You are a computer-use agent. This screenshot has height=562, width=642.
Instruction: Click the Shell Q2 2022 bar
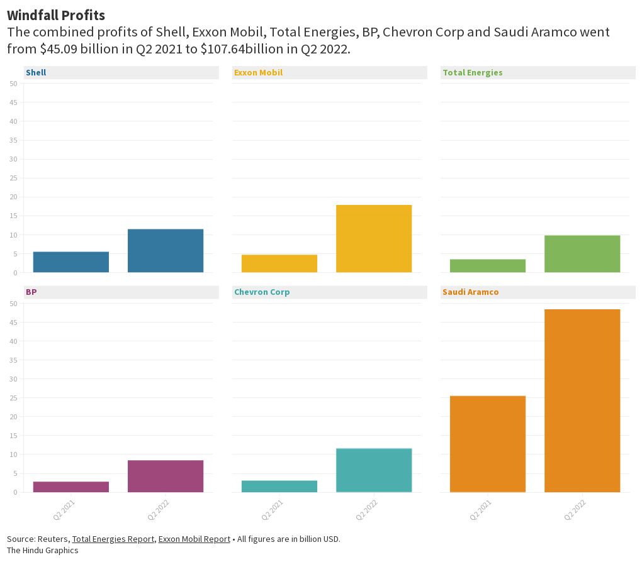click(x=166, y=251)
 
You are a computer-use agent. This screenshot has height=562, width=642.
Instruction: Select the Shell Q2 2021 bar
click(x=71, y=262)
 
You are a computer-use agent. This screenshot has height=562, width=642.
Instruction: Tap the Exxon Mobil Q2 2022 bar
click(x=374, y=239)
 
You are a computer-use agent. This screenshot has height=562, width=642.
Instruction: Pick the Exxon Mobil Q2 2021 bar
click(x=279, y=263)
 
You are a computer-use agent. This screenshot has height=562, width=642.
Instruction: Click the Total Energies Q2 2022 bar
click(x=582, y=254)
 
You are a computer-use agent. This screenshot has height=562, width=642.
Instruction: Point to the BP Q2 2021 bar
click(x=71, y=487)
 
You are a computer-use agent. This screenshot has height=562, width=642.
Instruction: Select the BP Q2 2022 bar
click(x=166, y=476)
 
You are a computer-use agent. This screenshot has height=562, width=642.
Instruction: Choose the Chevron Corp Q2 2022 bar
click(x=374, y=470)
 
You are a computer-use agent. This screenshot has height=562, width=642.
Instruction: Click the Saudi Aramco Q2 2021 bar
click(x=488, y=444)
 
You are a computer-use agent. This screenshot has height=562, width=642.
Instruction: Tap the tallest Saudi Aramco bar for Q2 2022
click(x=582, y=400)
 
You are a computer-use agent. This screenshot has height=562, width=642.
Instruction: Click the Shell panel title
click(x=36, y=72)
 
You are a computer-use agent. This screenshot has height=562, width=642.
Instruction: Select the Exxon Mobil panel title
click(x=258, y=72)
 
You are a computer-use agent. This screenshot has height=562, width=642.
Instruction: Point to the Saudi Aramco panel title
click(x=470, y=292)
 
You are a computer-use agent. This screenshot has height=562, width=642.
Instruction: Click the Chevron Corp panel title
click(x=262, y=292)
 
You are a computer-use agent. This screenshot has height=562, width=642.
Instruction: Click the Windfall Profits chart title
click(x=56, y=14)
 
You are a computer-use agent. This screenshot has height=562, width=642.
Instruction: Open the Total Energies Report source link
click(x=113, y=539)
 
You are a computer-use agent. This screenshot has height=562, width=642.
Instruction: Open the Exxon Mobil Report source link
click(x=194, y=539)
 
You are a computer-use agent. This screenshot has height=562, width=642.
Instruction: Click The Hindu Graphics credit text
click(x=43, y=550)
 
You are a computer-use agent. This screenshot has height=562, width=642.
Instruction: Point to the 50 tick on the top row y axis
click(x=13, y=84)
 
